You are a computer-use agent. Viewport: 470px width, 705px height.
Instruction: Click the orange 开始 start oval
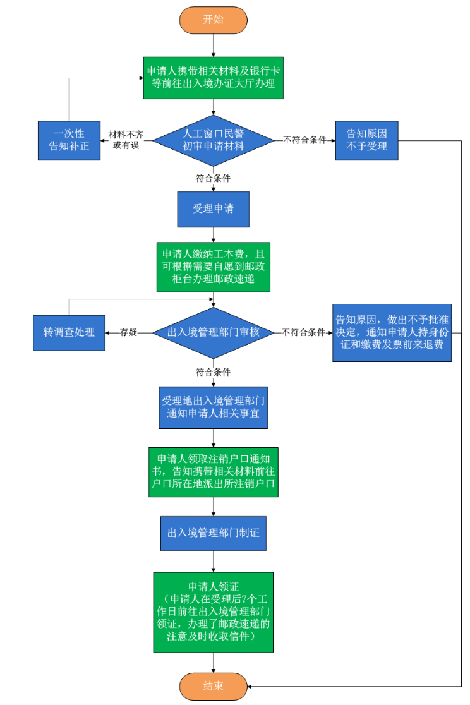(x=214, y=20)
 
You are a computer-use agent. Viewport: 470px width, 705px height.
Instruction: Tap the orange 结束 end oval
(x=214, y=685)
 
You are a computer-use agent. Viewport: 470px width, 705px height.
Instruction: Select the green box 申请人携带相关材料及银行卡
(x=214, y=77)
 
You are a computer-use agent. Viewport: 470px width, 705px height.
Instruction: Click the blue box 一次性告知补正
(x=69, y=140)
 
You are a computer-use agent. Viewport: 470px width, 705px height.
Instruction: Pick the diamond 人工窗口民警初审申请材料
(x=214, y=140)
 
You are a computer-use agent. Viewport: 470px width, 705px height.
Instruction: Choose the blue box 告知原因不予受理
(x=366, y=140)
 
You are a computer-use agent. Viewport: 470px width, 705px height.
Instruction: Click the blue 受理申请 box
(x=214, y=208)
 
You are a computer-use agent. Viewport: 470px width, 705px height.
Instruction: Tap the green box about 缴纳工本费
(x=214, y=266)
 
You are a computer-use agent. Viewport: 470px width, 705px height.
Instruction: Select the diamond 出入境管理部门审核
(x=214, y=332)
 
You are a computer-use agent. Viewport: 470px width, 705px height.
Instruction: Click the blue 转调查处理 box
(x=69, y=332)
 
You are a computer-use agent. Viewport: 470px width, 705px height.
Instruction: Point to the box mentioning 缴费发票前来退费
(x=392, y=332)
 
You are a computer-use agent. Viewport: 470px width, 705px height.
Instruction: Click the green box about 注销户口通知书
(x=214, y=472)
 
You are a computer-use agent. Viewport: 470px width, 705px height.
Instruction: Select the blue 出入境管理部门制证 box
(x=214, y=533)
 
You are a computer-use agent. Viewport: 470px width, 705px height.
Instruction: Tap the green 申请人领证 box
(x=214, y=612)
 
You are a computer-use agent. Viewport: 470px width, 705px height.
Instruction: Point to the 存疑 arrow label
(x=129, y=332)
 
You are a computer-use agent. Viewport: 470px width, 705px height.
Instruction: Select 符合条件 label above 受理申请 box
(x=213, y=179)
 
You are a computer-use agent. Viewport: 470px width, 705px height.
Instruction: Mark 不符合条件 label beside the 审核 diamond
(x=303, y=332)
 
